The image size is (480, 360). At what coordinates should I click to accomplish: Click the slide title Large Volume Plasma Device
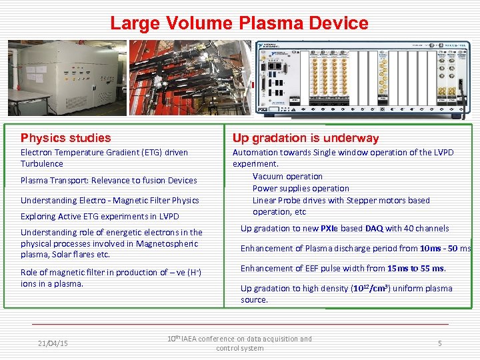[239, 23]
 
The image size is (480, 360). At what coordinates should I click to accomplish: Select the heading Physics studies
[65, 138]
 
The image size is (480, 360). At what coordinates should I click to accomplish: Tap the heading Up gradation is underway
[305, 138]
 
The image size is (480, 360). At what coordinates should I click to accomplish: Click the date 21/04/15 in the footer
[53, 343]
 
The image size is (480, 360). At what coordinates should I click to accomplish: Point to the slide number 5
[439, 343]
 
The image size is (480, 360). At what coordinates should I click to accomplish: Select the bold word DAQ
[374, 229]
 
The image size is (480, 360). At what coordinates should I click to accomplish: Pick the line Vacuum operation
[287, 177]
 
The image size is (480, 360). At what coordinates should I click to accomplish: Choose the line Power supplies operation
[301, 189]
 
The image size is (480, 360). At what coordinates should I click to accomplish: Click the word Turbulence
[42, 164]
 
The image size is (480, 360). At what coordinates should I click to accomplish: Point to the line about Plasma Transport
[109, 181]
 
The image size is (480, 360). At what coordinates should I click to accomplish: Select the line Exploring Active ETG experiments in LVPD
[99, 217]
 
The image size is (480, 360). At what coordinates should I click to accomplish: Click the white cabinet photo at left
[67, 77]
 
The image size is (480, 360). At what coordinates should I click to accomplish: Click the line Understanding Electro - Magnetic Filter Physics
[109, 201]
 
